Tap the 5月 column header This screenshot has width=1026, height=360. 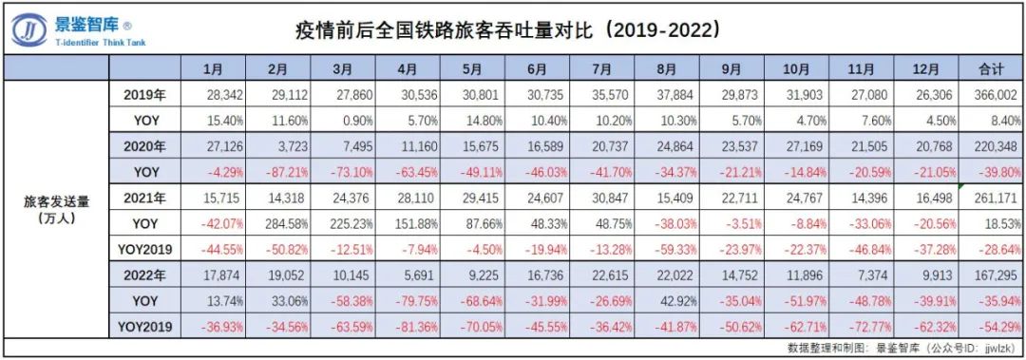472,69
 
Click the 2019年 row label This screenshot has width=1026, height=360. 144,95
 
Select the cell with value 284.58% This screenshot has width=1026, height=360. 277,224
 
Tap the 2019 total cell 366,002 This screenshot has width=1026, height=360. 996,95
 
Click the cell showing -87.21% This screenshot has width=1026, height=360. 278,172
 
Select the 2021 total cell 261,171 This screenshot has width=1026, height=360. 996,199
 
